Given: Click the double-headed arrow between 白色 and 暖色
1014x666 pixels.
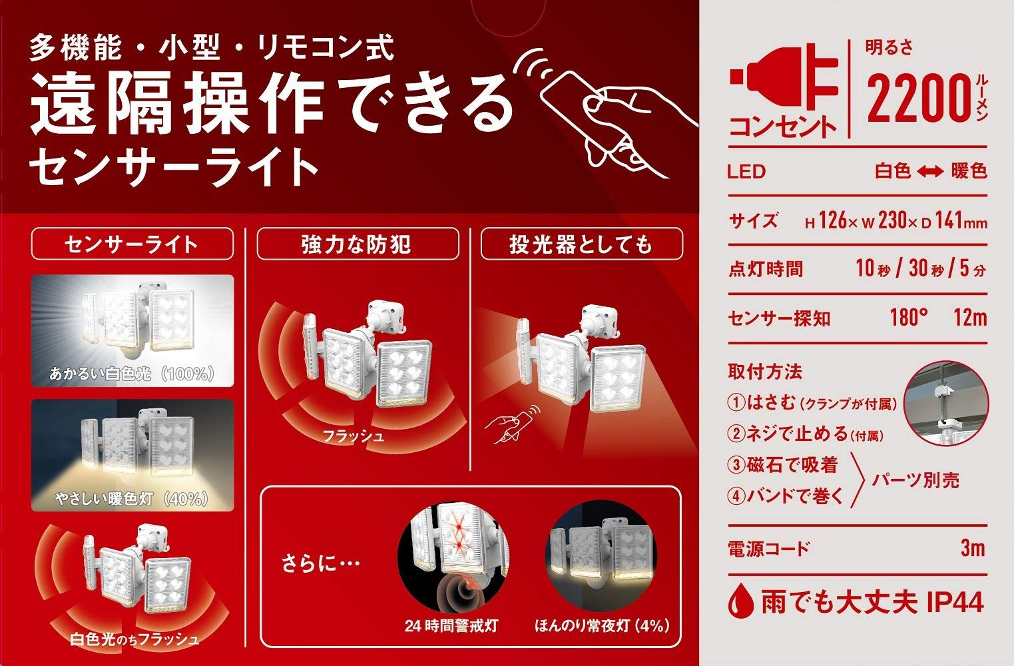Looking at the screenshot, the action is [931, 171].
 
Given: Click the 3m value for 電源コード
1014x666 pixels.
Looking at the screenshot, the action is [973, 548].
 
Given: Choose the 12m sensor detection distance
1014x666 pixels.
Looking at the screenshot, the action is [970, 318].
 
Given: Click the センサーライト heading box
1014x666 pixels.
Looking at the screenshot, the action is [132, 244].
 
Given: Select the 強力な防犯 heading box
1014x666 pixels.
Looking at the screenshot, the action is [358, 244].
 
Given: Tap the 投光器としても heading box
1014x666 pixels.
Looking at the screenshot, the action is [582, 244].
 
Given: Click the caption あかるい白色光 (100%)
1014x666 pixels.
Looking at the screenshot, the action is [132, 374].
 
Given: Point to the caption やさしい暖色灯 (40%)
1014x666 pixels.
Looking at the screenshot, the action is [132, 498].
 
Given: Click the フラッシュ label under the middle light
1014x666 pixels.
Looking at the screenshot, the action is [354, 436].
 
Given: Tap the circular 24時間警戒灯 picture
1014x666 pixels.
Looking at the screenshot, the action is [453, 556].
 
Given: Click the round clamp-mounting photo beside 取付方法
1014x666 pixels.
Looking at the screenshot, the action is [946, 404].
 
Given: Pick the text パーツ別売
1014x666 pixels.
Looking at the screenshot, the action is [915, 480].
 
